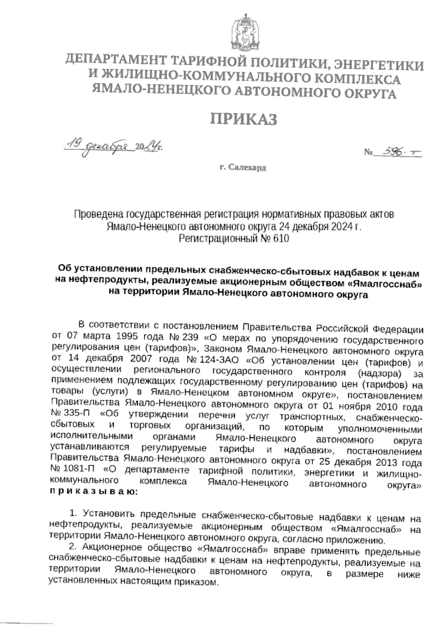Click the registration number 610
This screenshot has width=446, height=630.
click(x=281, y=238)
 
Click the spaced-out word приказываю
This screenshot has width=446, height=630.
click(x=93, y=492)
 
